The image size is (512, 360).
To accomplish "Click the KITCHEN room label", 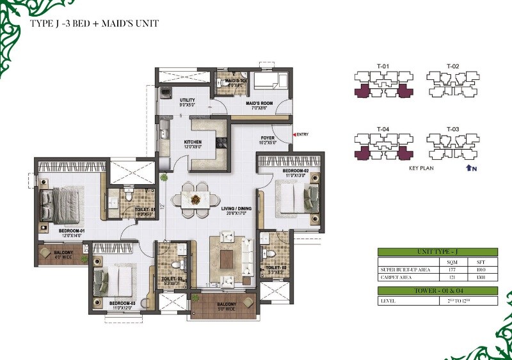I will tap(193, 143).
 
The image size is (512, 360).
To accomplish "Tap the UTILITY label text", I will tap(187, 100).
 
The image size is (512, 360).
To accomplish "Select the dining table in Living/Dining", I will tap(195, 198).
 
